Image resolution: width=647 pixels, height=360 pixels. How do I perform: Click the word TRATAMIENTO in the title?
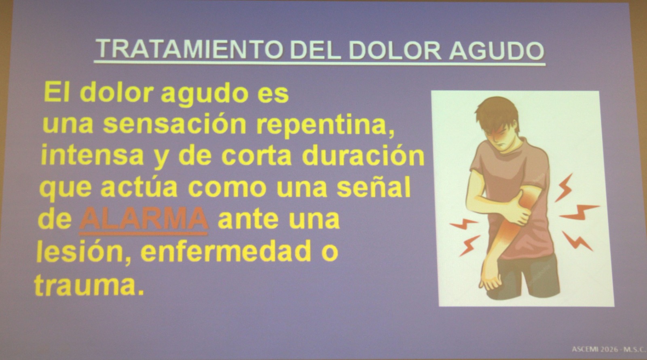(x=189, y=49)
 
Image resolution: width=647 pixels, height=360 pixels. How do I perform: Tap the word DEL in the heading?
(x=315, y=50)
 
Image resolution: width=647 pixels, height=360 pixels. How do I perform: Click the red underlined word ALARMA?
(x=144, y=219)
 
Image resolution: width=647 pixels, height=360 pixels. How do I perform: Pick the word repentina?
(x=326, y=126)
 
